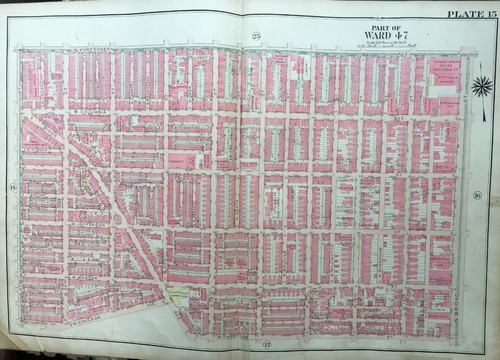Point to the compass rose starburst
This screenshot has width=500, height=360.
[480, 85]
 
